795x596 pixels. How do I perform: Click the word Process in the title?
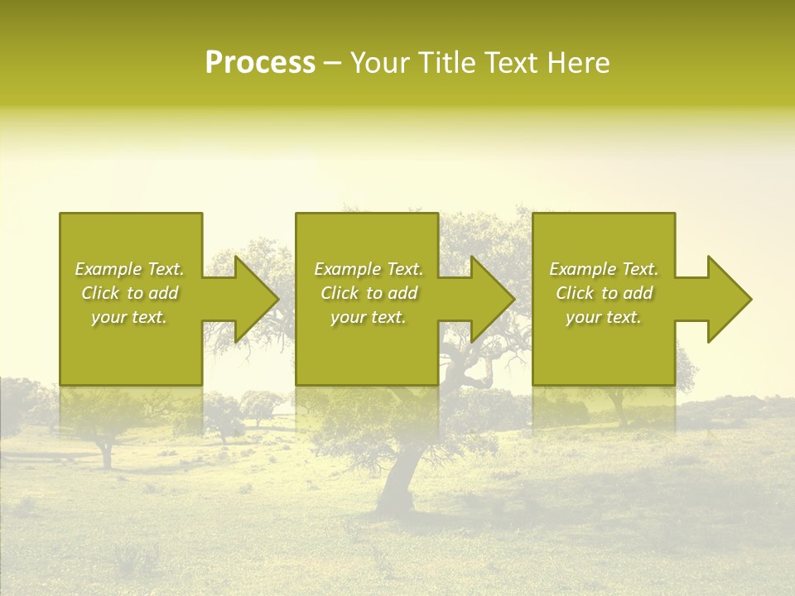tap(260, 63)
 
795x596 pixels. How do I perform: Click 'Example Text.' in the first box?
tap(129, 269)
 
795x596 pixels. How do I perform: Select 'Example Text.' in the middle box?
tap(369, 269)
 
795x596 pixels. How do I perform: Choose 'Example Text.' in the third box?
tap(604, 269)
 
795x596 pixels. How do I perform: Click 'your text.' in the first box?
tap(129, 317)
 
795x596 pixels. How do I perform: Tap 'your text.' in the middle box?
tap(369, 317)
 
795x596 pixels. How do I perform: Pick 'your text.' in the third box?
tap(604, 317)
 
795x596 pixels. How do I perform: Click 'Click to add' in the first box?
tap(129, 293)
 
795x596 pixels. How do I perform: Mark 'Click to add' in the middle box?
tap(369, 293)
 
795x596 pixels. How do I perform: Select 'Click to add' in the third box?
tap(604, 293)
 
